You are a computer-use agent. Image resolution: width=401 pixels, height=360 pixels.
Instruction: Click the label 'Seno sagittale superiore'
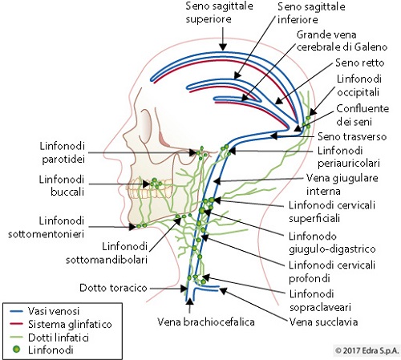219,13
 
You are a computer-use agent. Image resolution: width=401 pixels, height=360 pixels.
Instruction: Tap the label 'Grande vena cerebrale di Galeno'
342,41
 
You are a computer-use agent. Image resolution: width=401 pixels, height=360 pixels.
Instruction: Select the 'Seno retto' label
360,63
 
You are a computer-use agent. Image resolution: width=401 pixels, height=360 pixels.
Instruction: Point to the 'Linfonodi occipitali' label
359,85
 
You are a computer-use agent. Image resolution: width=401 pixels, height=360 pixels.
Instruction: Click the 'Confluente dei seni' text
363,115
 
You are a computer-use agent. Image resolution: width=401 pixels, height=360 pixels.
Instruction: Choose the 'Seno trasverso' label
352,136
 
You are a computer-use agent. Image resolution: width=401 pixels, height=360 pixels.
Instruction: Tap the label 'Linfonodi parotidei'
63,152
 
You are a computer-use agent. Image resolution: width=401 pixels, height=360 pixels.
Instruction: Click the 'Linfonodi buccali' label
62,185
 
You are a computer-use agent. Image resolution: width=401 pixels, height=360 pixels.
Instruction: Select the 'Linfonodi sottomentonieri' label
47,228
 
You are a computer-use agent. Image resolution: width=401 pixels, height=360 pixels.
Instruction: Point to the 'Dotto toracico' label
113,288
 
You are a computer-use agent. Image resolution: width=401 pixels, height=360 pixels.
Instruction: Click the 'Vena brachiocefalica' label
206,322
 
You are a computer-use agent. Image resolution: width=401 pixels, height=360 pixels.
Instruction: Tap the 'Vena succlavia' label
324,322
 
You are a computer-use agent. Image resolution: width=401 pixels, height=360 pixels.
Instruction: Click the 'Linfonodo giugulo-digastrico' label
332,243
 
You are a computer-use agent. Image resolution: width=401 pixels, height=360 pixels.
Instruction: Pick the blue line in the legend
16,311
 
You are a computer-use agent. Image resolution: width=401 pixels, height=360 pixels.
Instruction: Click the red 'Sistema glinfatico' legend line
16,324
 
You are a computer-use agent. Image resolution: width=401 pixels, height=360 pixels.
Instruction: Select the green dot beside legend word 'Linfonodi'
17,350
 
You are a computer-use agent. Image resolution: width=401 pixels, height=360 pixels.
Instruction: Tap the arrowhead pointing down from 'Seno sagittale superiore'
223,47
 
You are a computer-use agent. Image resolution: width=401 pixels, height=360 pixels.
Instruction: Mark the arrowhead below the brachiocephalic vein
190,301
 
